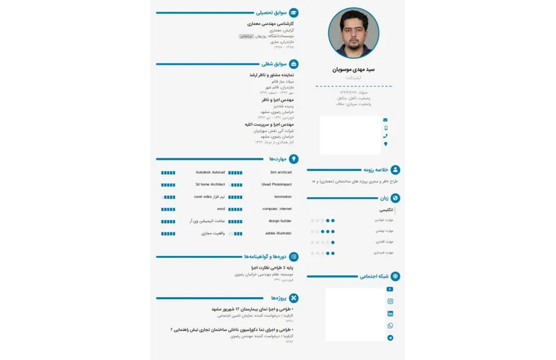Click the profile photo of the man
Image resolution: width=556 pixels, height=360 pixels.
point(353,33)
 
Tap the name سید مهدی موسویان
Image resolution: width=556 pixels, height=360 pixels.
point(352,69)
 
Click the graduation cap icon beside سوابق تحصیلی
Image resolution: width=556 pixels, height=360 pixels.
point(294,12)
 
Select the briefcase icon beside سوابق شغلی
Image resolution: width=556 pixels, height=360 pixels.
point(294,64)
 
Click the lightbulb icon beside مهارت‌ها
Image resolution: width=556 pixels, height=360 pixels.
point(294,159)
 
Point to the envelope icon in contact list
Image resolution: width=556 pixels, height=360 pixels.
point(385,120)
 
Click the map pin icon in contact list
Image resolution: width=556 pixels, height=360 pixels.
point(385,144)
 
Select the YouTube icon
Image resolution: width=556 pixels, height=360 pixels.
point(391,289)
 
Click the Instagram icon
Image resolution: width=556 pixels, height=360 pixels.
point(391,301)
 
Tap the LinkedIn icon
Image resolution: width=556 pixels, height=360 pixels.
point(391,314)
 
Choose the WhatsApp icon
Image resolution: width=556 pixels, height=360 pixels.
point(391,325)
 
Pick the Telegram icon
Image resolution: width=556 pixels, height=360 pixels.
point(391,338)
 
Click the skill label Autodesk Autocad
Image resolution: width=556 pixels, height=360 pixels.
point(210,172)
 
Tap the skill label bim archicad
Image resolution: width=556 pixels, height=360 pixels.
point(281,172)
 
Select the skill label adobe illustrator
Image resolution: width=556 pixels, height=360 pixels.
point(279,233)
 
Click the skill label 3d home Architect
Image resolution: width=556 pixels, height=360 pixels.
point(209,185)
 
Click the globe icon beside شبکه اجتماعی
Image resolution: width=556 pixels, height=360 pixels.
point(395,276)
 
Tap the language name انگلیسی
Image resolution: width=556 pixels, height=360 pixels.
point(386,210)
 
